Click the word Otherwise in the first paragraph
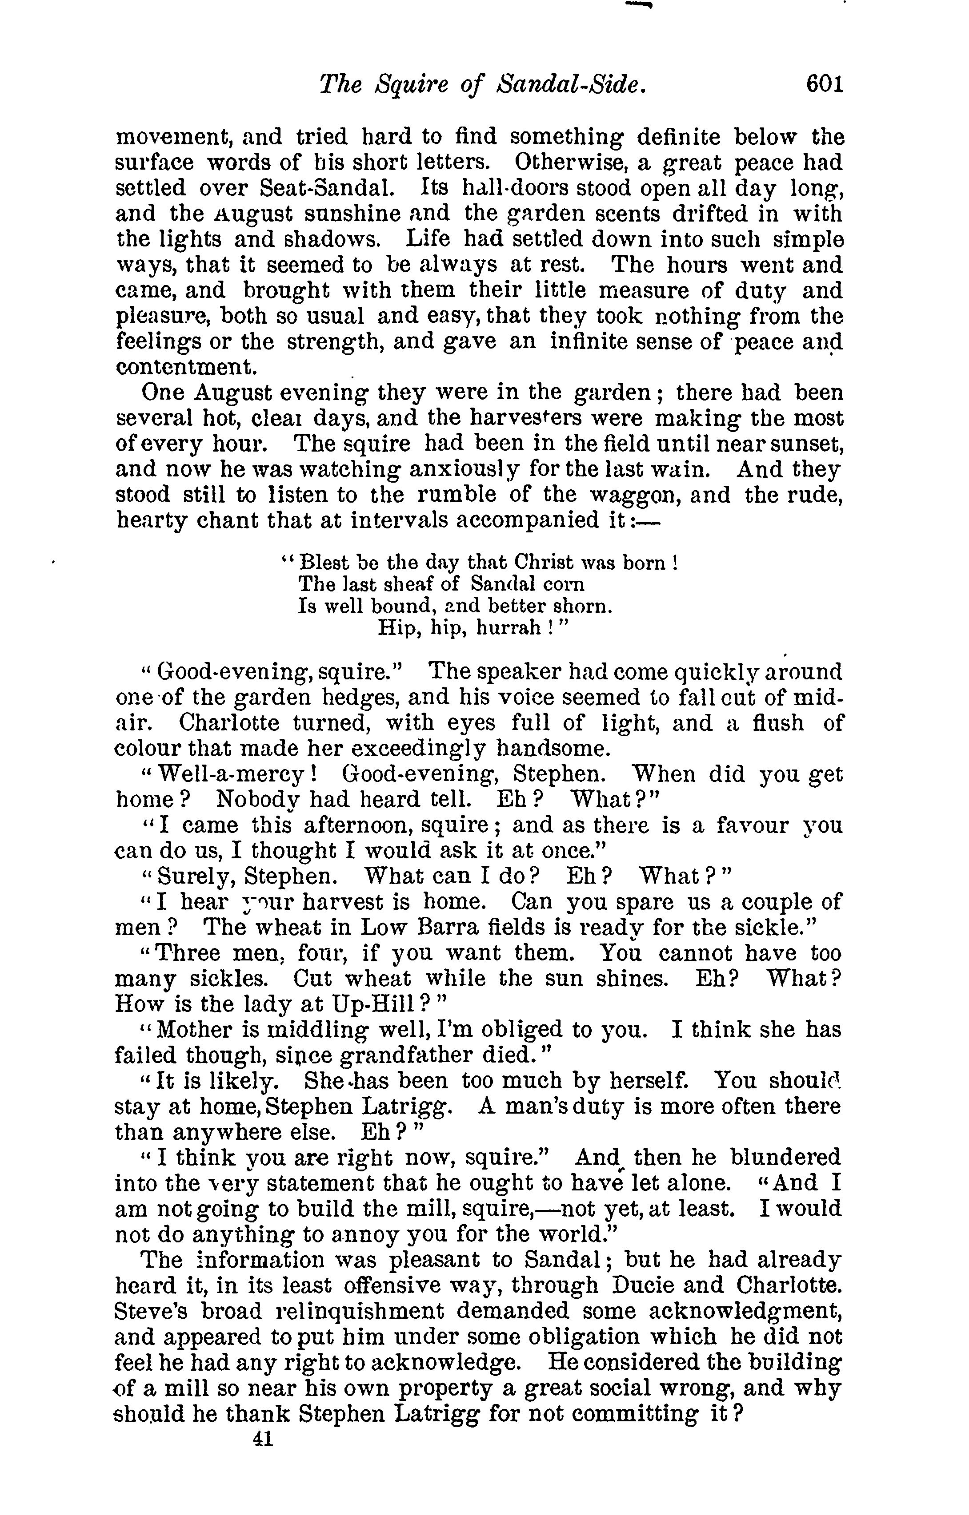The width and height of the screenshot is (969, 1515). pyautogui.click(x=570, y=163)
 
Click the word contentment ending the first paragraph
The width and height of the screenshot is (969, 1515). pyautogui.click(x=177, y=366)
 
